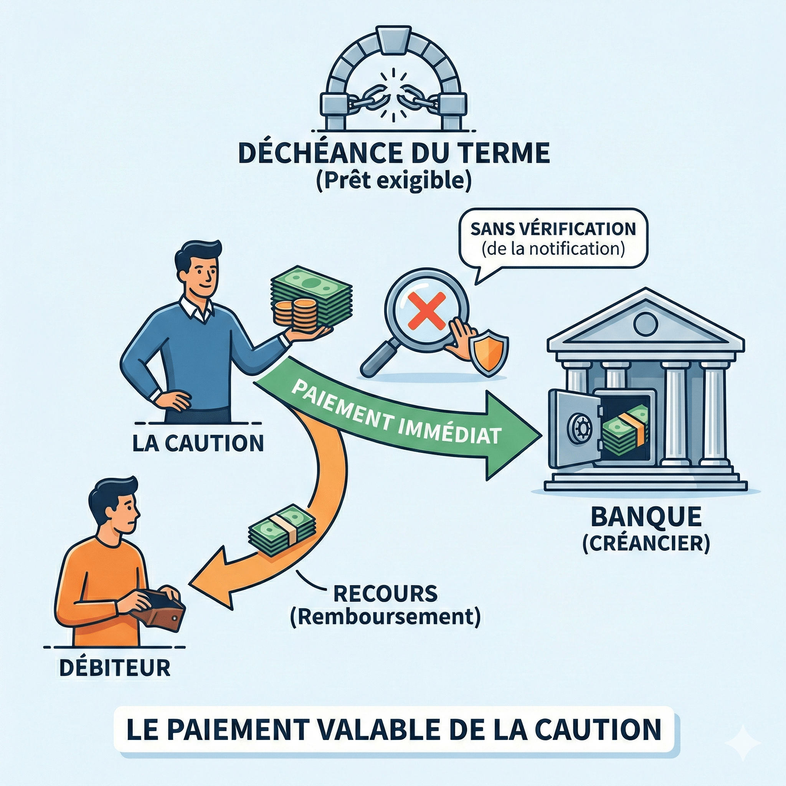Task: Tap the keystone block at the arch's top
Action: pos(393,40)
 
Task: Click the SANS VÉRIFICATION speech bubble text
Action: pos(553,229)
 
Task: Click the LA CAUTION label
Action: pos(198,443)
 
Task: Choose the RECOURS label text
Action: pos(385,594)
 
